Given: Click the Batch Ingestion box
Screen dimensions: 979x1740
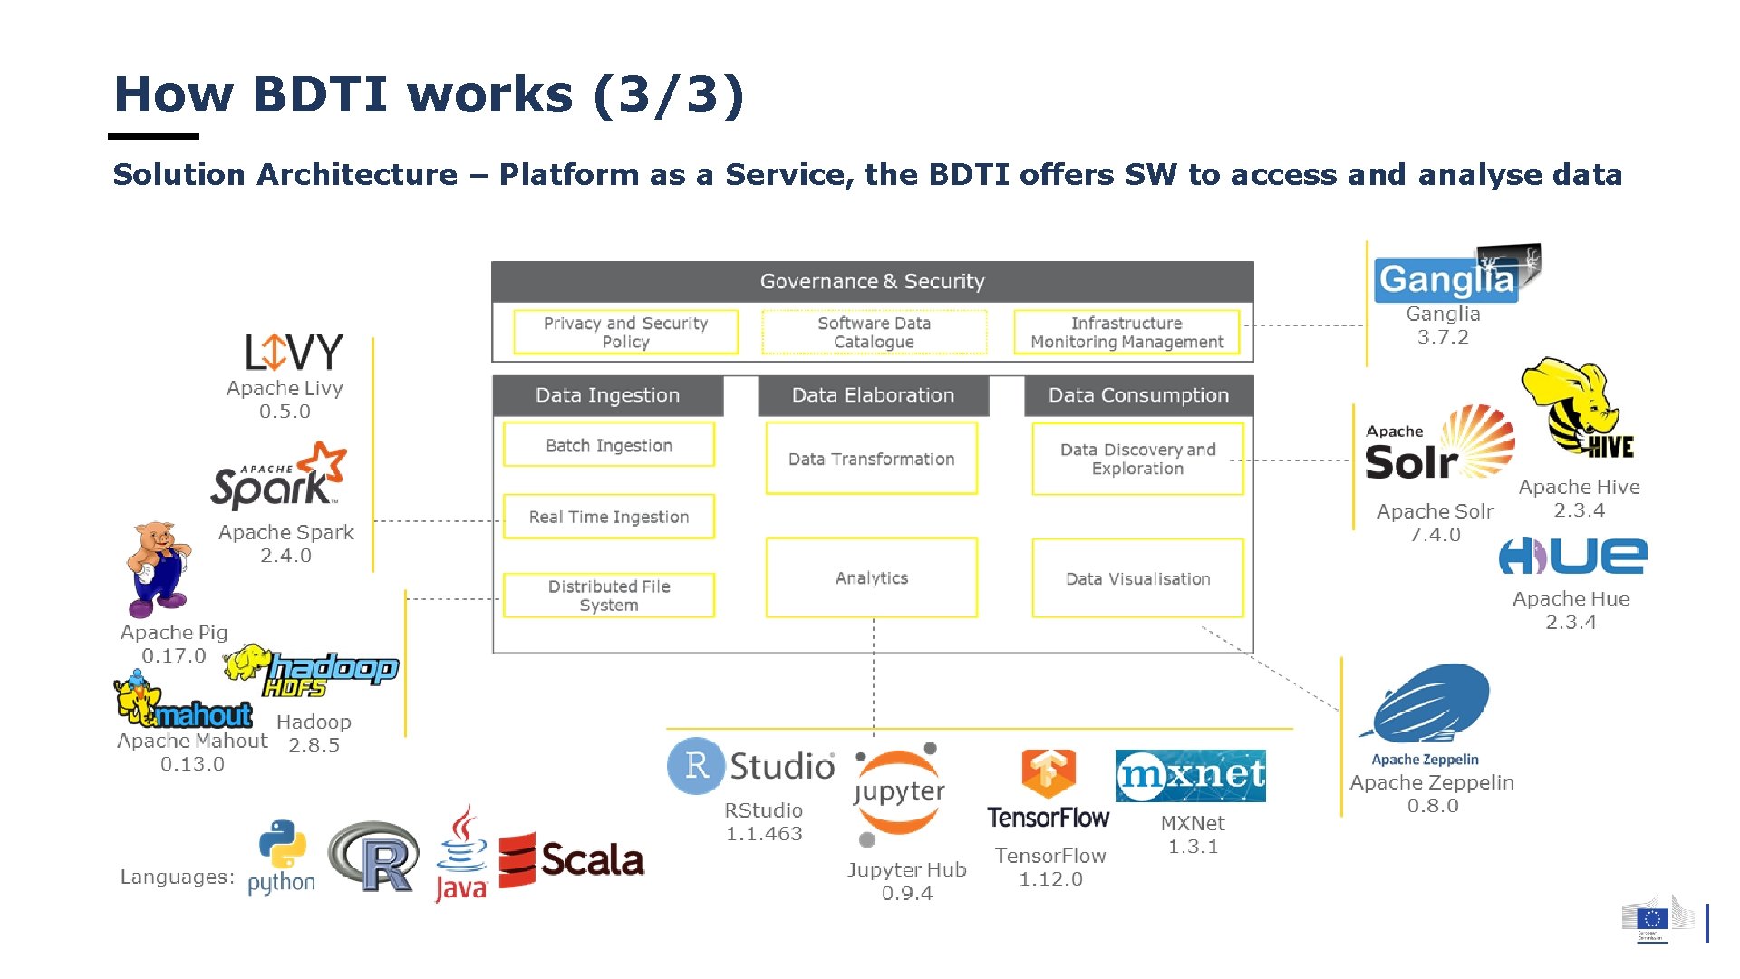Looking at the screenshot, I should [608, 445].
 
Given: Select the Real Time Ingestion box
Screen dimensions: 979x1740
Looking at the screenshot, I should [608, 517].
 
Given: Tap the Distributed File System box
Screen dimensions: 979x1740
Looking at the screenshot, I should [608, 596].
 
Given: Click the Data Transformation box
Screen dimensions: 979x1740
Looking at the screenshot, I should [871, 459].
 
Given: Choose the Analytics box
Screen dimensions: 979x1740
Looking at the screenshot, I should [871, 578].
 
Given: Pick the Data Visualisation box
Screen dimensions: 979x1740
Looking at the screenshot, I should [1137, 578].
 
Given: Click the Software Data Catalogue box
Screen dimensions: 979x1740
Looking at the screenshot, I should [874, 332].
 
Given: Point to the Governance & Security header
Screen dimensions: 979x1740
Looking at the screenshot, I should [872, 282].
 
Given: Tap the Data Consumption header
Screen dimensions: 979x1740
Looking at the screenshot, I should [1138, 395].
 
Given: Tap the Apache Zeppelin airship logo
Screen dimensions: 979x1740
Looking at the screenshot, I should [1430, 705].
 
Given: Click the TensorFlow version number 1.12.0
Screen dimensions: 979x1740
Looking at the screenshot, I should [1050, 879].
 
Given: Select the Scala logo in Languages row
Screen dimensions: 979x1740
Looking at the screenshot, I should [571, 859].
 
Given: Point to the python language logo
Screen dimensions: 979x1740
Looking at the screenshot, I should [281, 858].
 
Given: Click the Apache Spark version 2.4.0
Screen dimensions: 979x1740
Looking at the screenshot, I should [285, 556].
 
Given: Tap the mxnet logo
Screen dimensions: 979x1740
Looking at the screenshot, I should [1190, 776].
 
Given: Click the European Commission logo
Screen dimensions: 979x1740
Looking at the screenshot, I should [1658, 921].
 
